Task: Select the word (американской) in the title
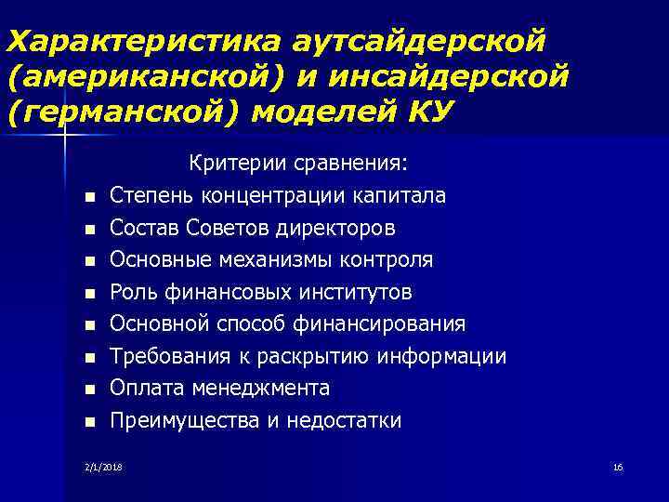[x=136, y=76]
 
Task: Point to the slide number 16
[x=617, y=466]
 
